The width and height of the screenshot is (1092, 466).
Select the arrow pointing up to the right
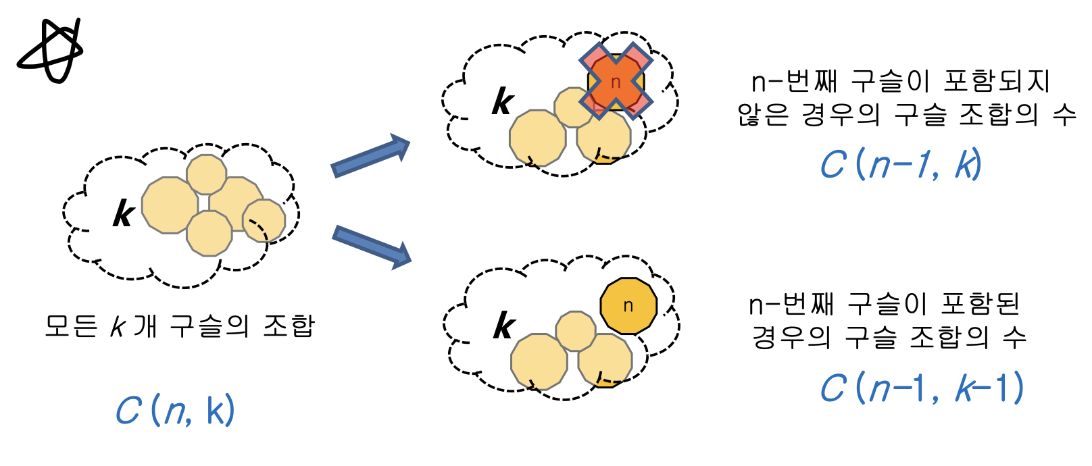[x=370, y=157]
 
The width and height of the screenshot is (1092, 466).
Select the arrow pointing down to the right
[x=372, y=245]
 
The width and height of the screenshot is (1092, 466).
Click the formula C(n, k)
[x=175, y=410]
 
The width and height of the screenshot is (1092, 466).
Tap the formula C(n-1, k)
[x=901, y=164]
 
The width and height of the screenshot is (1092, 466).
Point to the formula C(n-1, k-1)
[x=922, y=388]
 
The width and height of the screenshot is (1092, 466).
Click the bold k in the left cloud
[x=124, y=215]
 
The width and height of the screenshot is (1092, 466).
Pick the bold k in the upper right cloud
[x=503, y=103]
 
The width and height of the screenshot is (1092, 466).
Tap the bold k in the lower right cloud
[x=504, y=326]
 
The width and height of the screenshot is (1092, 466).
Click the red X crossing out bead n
[x=616, y=81]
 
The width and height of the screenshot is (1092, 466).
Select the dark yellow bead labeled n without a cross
[x=628, y=306]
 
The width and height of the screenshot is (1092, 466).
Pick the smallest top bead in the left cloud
[x=206, y=174]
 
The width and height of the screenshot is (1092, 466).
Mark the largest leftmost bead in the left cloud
[x=170, y=205]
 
